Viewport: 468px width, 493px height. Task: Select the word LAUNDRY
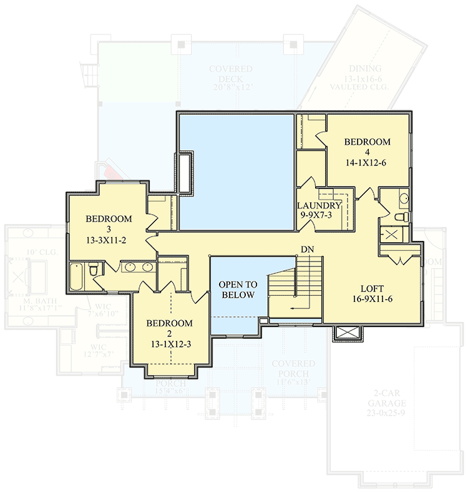319,206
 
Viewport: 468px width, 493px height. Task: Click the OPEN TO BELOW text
236,290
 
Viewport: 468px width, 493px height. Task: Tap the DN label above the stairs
307,250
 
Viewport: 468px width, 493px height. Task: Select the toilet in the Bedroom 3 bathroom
92,270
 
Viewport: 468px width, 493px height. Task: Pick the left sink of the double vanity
130,268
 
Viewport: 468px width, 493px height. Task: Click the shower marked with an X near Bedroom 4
392,235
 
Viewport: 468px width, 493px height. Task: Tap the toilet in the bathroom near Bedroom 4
402,217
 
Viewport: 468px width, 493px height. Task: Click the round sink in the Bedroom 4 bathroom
403,198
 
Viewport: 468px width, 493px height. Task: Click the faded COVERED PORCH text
293,368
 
